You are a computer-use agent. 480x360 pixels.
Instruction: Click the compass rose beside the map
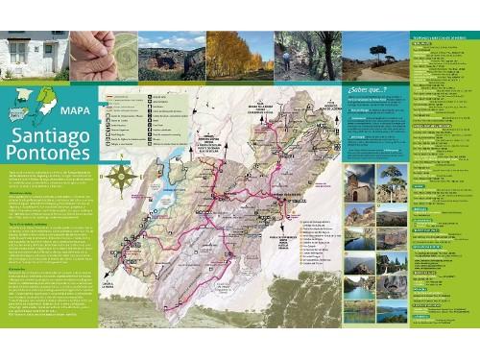(x=122, y=178)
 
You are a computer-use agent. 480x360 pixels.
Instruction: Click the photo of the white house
(x=34, y=56)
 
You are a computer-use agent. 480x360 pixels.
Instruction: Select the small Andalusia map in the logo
(x=21, y=114)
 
